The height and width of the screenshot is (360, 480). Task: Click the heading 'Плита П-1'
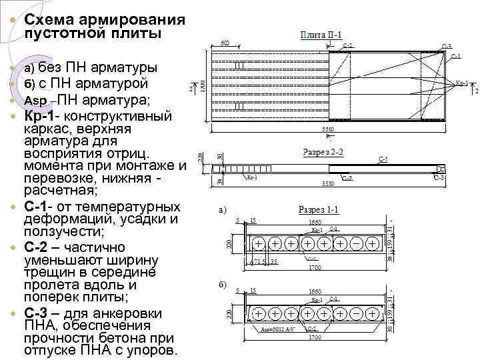point(321,35)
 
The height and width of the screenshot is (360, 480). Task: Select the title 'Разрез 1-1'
point(319,210)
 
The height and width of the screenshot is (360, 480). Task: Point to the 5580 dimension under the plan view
point(327,129)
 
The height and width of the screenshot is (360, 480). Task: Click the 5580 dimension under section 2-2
point(327,183)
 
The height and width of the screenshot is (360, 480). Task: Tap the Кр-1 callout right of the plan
point(461,85)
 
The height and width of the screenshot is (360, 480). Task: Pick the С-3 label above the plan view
point(446,46)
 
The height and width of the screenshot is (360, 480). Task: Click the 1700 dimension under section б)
point(315,337)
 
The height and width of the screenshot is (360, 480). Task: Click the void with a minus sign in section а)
point(356,244)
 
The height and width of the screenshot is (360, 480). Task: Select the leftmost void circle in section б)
point(257,313)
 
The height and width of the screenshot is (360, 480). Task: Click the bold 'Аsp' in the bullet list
point(35,101)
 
